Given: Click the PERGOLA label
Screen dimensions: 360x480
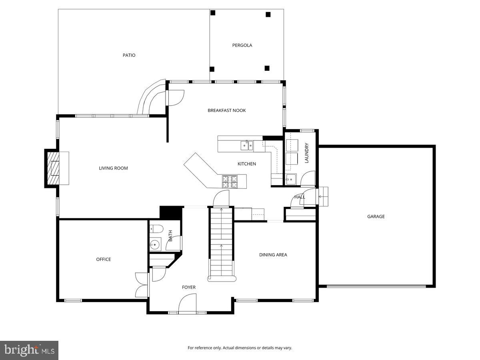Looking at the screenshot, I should [242, 45].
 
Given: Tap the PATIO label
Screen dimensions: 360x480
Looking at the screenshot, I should [129, 55].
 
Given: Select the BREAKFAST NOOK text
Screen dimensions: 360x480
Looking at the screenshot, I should [226, 110].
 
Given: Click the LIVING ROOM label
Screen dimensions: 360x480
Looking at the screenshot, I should [113, 168].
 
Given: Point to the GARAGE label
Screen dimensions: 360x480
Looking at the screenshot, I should [376, 216].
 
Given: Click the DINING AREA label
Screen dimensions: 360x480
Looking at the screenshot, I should [273, 255].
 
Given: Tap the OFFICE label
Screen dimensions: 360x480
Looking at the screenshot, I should [103, 259].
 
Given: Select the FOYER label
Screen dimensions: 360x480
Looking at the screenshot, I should [188, 287].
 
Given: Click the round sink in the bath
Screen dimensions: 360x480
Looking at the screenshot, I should [155, 244].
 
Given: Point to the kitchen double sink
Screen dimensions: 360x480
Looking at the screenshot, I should [247, 146].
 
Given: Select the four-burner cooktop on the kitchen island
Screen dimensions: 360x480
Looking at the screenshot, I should [230, 182].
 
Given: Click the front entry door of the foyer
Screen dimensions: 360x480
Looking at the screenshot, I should [187, 304].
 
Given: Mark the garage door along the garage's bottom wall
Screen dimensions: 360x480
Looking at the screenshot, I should [376, 286].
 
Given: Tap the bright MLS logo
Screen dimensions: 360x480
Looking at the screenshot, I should [29, 350].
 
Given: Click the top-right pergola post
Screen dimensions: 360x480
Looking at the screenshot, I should [268, 14].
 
